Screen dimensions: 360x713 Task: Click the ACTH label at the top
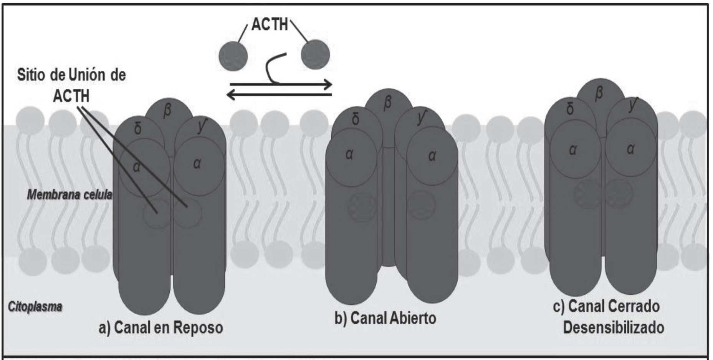click(270, 25)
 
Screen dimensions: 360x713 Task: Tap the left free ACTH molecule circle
click(233, 56)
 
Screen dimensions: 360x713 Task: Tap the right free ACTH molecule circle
click(315, 55)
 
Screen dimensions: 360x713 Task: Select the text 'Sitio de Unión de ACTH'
click(71, 85)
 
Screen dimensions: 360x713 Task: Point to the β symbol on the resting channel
click(167, 111)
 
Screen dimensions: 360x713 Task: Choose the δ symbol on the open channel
click(356, 119)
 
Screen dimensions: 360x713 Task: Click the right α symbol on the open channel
click(432, 156)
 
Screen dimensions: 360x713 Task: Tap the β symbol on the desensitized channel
click(599, 93)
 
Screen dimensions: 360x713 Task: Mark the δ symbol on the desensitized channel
click(570, 109)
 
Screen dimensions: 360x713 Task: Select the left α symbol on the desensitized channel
click(573, 149)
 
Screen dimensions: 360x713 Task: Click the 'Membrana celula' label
click(69, 195)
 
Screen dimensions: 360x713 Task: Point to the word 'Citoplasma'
click(35, 307)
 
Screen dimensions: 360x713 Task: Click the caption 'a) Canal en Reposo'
click(161, 328)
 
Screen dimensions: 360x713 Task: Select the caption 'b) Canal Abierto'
click(385, 318)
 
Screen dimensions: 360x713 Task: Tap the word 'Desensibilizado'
click(613, 327)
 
